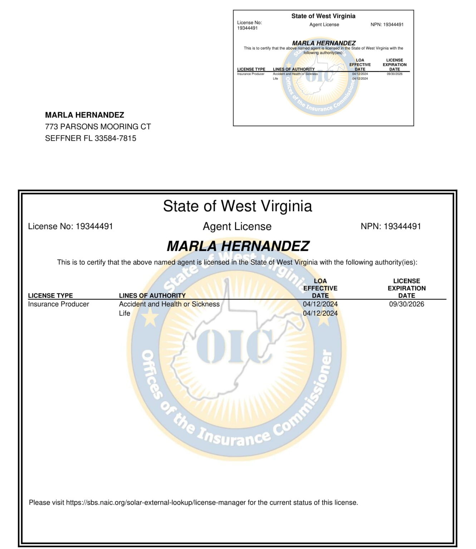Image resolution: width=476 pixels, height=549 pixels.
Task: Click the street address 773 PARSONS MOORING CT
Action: coord(98,127)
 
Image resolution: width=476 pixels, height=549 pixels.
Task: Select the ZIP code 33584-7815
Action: coord(115,138)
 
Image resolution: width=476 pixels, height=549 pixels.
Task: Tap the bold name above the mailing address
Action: coord(84,115)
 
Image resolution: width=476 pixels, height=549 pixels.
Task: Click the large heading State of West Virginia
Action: coord(237,206)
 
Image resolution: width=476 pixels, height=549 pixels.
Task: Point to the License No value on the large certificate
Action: coord(94,226)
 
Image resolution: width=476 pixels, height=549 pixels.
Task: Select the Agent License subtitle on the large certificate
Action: coord(237,226)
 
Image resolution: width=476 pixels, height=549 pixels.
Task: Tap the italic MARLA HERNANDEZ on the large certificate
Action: coord(238,246)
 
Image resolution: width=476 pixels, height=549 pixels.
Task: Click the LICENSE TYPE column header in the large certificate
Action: coord(50,296)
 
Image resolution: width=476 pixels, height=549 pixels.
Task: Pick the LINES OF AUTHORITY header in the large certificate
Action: coord(152,296)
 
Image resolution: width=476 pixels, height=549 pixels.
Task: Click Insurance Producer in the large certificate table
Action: coord(58,304)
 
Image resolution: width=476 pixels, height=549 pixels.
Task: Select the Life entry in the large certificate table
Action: coord(124,313)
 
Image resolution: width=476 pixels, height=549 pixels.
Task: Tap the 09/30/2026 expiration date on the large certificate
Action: coord(407,304)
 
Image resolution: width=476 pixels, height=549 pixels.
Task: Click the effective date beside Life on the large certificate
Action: coord(320,313)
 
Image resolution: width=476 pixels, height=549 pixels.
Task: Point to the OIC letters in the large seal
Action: coord(234,346)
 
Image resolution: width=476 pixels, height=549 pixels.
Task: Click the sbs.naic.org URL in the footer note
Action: coord(156,503)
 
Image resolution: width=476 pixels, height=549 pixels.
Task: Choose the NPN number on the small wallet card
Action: coord(393,25)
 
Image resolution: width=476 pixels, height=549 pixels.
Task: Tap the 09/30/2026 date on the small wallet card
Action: coord(394,74)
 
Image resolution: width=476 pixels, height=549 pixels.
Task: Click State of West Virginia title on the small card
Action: coord(323,16)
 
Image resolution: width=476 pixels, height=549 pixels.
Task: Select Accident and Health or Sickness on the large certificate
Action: coord(169,304)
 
